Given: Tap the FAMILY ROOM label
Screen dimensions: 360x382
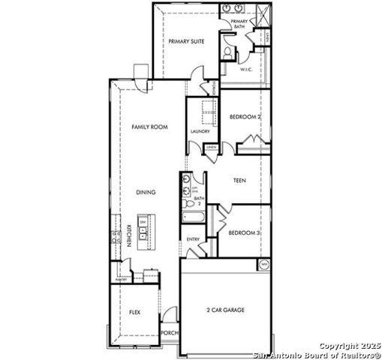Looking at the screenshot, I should coord(149,127).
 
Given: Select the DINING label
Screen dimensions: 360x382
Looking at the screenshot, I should coord(146,193).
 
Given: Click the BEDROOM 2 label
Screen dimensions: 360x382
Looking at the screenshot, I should coord(244,117).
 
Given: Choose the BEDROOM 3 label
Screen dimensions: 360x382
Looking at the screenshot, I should coord(244,233).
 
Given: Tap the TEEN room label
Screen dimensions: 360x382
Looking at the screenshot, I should coord(239,181).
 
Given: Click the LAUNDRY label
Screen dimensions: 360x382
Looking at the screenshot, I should coord(200,131).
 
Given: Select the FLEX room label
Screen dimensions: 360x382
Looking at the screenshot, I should coord(134,312).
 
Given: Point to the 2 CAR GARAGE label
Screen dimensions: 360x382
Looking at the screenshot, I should coord(226,310).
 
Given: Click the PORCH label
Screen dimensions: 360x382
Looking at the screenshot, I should coord(170,333).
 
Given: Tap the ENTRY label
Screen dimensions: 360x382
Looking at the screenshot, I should coord(193,240).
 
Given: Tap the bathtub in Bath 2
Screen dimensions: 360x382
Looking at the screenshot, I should coord(191,218).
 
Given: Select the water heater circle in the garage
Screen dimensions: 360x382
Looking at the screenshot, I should coord(264,265).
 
